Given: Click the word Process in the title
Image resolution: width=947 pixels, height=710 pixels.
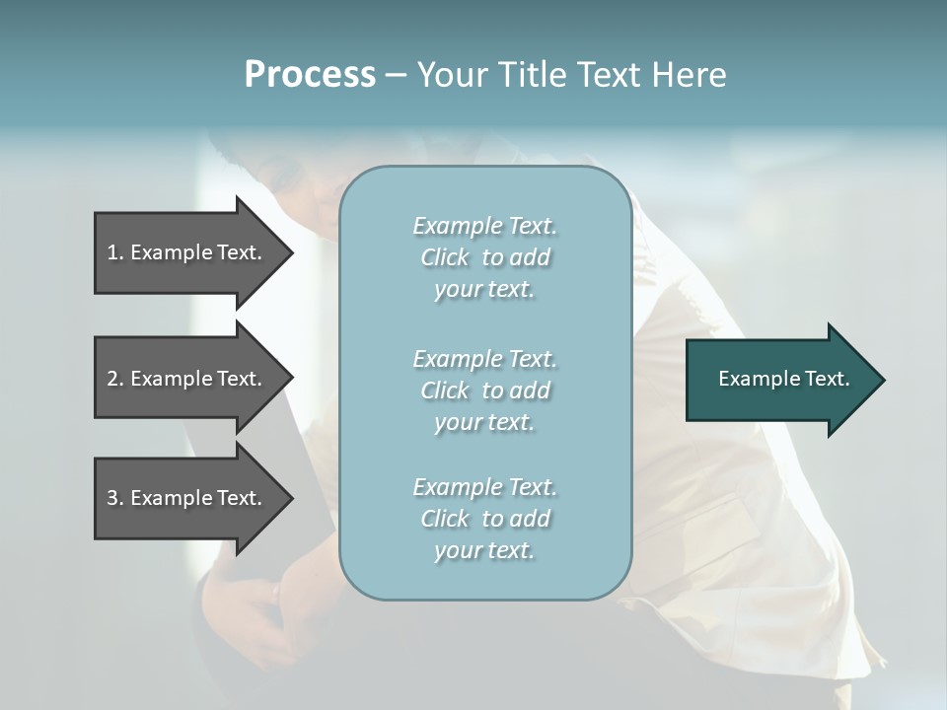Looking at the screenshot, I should point(310,75).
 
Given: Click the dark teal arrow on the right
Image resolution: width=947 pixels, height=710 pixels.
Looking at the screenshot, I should point(779,380).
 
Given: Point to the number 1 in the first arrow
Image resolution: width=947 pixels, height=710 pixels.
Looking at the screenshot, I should point(112,252).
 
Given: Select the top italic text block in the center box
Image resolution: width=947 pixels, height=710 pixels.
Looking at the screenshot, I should point(484,257).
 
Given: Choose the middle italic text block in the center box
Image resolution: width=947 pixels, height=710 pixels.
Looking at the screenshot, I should point(484,390).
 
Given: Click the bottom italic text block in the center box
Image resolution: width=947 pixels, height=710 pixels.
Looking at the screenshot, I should point(484,519).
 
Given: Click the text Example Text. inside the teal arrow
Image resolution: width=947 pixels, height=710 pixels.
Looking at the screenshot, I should point(783,379).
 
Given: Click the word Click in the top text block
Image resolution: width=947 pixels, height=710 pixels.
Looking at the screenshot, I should point(445,257).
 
